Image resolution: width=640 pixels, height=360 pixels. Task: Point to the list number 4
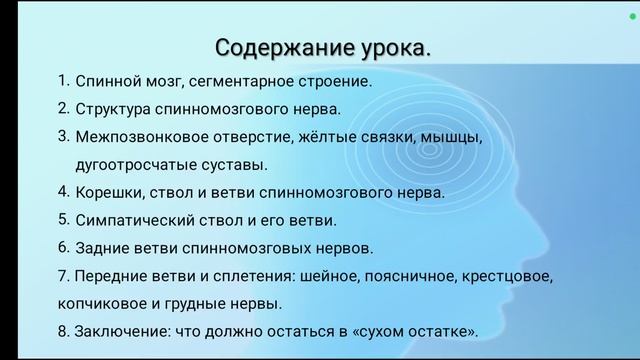[63, 190]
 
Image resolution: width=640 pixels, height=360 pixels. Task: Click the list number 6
[63, 246]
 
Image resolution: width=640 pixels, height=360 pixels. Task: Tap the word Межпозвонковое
[135, 137]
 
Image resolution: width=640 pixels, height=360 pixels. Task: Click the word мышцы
[448, 137]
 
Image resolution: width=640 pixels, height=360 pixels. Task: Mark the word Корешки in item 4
[107, 192]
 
